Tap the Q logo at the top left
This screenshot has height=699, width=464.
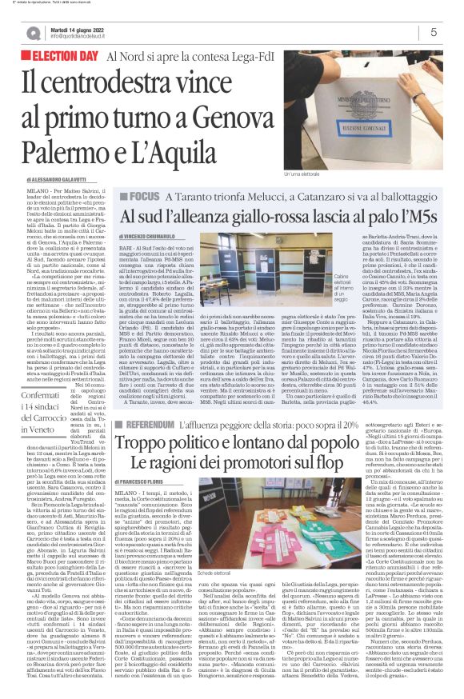[31, 32]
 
